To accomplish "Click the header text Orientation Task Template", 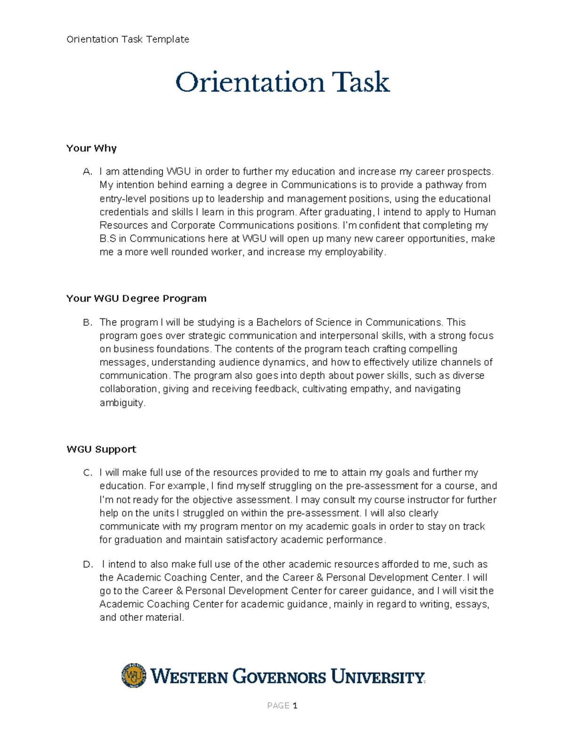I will tap(128, 40).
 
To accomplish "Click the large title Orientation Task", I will tap(282, 82).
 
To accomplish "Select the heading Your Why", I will tap(91, 148).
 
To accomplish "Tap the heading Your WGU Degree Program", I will tap(136, 298).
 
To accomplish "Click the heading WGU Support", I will tap(101, 450).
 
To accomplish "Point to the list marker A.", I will tap(87, 172).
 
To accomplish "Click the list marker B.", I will tap(87, 323).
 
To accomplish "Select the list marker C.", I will tap(87, 473).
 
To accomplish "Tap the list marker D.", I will tap(87, 565).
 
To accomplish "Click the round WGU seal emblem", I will tap(134, 676).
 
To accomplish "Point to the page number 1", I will tap(295, 706).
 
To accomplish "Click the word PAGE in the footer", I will tap(278, 706).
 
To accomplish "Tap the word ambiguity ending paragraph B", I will tap(121, 403).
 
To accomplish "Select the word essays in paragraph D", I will tap(471, 604).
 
